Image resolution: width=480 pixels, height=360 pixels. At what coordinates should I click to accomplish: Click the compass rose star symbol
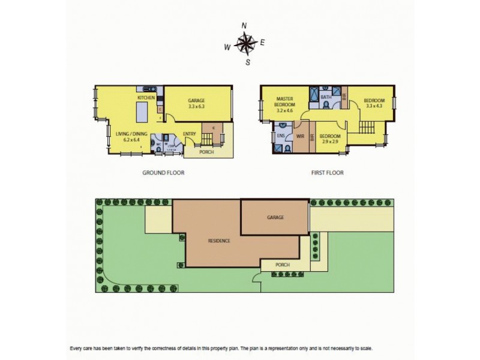(244, 44)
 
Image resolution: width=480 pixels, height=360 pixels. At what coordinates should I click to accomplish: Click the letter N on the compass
(244, 25)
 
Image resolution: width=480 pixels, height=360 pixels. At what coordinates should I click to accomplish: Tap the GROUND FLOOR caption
(163, 172)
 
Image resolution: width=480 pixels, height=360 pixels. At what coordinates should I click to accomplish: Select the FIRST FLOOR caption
(327, 172)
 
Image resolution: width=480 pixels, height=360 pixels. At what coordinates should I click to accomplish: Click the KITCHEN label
(146, 98)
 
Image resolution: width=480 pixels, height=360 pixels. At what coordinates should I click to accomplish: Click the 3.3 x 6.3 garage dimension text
(196, 106)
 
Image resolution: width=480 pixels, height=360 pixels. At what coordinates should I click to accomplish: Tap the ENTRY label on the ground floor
(190, 134)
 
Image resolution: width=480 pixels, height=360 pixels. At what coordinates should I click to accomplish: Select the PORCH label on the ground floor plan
(206, 152)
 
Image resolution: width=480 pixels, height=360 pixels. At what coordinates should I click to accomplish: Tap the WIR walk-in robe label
(301, 136)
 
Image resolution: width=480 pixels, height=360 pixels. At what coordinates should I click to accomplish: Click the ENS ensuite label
(281, 136)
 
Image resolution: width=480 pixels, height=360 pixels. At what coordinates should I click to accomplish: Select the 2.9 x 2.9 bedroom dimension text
(331, 142)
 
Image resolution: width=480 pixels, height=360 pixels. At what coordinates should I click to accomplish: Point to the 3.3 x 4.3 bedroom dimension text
(374, 106)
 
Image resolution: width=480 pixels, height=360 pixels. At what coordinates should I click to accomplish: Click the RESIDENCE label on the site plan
(219, 241)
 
